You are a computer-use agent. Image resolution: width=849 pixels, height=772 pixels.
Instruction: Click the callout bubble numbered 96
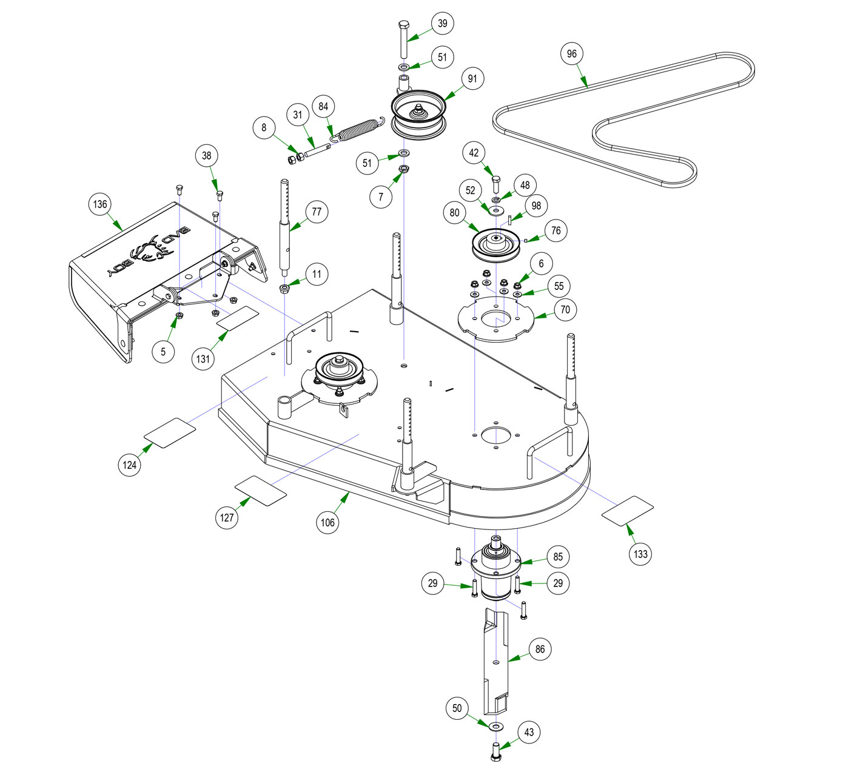pos(572,54)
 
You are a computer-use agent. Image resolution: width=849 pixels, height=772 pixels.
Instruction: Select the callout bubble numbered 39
pos(443,24)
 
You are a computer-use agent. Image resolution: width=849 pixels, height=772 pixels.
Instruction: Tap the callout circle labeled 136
pos(100,204)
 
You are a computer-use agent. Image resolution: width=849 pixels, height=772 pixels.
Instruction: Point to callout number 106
pos(327,522)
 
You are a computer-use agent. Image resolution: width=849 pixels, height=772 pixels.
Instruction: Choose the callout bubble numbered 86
pos(540,649)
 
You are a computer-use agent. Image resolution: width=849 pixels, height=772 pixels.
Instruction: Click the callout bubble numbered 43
pos(529,733)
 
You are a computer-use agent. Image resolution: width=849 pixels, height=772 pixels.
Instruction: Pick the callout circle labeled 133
pos(640,554)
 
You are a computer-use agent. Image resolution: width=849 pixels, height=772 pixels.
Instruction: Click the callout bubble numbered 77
pos(317,212)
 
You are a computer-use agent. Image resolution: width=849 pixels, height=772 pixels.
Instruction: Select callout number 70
pos(565,310)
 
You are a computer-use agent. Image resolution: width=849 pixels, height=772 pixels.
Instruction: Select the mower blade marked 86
pos(496,661)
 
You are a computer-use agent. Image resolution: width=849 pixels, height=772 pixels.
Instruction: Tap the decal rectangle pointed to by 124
pos(170,432)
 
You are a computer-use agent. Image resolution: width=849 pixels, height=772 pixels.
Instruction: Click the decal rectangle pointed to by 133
pos(628,511)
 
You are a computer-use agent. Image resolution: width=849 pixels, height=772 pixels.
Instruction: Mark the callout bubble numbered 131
pos(203,358)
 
